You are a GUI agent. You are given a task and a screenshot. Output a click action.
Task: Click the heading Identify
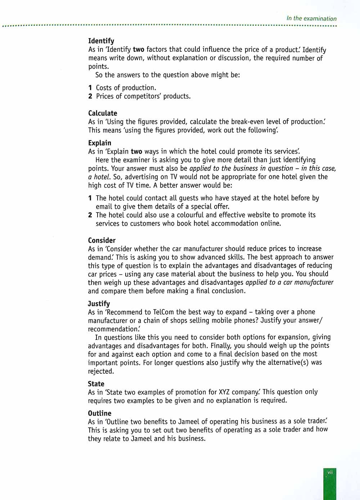[x=101, y=41]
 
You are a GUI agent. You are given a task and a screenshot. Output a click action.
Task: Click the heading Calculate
[x=103, y=113]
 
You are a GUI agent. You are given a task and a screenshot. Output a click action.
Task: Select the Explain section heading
[x=100, y=143]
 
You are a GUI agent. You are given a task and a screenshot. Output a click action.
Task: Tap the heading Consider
[x=102, y=240]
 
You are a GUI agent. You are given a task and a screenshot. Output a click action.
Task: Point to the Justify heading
[x=99, y=304]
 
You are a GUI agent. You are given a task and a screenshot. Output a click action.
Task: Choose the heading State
[x=96, y=384]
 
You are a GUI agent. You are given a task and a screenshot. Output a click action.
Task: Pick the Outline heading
[x=100, y=413]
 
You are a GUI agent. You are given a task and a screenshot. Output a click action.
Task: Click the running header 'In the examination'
[x=311, y=18]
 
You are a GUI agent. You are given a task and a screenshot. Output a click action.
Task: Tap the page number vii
[x=330, y=472]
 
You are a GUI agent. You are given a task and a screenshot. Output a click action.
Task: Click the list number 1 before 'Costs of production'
[x=90, y=88]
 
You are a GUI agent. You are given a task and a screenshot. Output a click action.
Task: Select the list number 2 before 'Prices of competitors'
[x=90, y=96]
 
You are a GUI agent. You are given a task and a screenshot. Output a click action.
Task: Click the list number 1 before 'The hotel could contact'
[x=90, y=198]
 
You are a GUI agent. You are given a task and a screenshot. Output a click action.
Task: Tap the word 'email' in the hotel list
[x=104, y=206]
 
